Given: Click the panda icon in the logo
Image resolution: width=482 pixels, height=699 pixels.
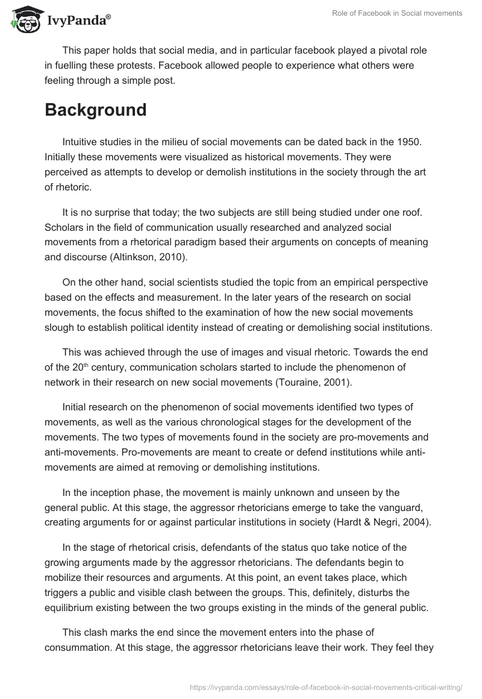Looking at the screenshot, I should tap(23, 19).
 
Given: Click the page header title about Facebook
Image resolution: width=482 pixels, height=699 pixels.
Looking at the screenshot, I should tap(397, 13).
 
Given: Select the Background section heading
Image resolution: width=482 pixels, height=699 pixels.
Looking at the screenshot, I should tap(95, 110).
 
